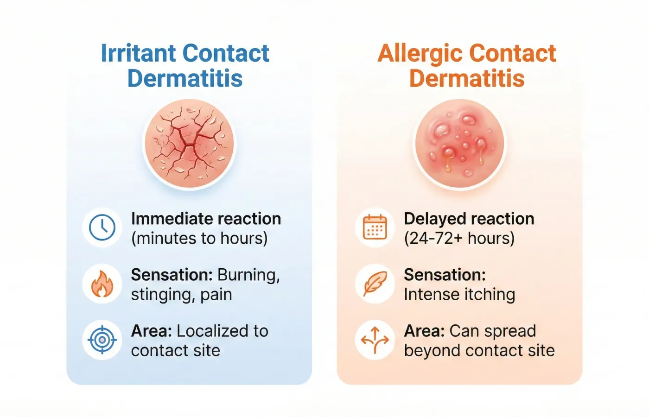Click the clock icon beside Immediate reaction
point(102,227)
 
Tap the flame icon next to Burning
point(102,284)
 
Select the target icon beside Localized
point(102,340)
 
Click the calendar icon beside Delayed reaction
point(375,227)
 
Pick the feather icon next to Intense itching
point(375,284)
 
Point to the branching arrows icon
point(375,340)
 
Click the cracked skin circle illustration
point(189,145)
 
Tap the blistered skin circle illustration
point(459,145)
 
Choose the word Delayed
point(433,219)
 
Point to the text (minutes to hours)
point(199,239)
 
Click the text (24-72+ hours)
point(459,239)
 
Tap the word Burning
point(248,275)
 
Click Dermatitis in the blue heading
point(185,78)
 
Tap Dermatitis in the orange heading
point(467,78)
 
